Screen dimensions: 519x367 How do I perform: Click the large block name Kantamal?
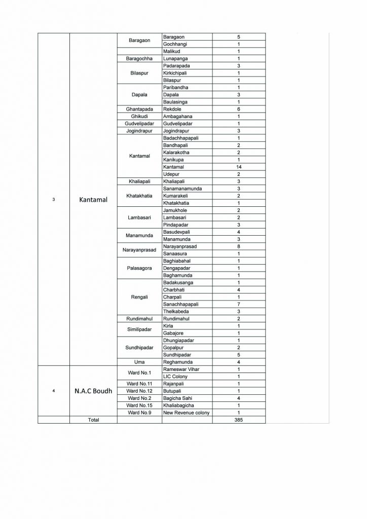coord(94,200)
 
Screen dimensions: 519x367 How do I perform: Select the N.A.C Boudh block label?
coord(93,391)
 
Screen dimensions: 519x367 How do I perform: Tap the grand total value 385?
coord(238,420)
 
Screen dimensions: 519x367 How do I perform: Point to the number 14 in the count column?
coord(238,166)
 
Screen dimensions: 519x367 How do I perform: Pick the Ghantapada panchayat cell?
coord(139,109)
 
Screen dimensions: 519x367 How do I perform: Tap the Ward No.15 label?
coord(139,405)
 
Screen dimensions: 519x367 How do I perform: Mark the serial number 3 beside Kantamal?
coord(54,200)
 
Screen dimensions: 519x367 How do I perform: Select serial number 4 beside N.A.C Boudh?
coord(54,391)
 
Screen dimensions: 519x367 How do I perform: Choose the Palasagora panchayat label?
coord(139,268)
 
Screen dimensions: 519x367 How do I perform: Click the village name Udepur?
coord(171,174)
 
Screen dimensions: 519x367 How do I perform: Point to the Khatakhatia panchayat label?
coord(139,196)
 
